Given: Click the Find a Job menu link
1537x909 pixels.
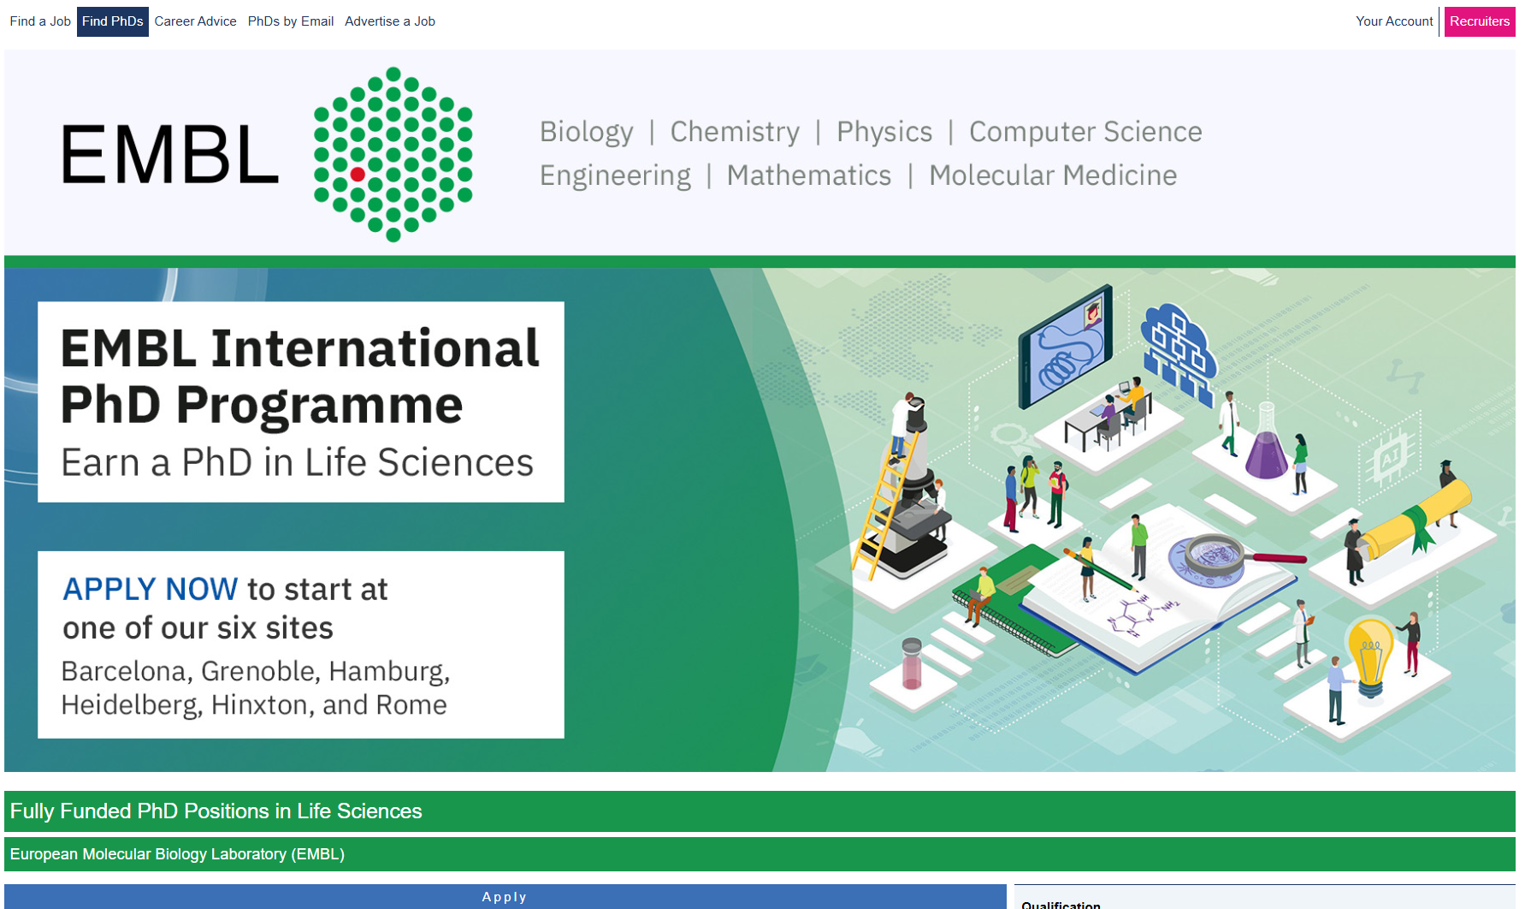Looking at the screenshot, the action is (40, 21).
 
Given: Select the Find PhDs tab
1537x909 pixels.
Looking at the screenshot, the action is (113, 21).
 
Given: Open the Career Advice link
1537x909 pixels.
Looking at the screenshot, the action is (195, 21).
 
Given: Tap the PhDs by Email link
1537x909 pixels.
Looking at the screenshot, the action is (291, 21).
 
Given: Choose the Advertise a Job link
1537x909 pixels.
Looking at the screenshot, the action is (390, 21).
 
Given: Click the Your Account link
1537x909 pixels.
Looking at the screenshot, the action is (1394, 21).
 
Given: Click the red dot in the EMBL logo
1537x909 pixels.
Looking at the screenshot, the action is (358, 175).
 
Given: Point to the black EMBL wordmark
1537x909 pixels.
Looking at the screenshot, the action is (170, 154).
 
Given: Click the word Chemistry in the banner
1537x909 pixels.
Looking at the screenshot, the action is (735, 132).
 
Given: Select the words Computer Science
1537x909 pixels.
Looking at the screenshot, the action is (1085, 132).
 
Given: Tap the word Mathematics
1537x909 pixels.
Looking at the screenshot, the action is (809, 175).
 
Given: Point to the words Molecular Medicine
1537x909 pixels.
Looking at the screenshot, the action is (1053, 175).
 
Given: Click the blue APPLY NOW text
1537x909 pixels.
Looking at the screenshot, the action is (151, 589).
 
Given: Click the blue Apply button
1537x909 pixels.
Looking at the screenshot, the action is (505, 896).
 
